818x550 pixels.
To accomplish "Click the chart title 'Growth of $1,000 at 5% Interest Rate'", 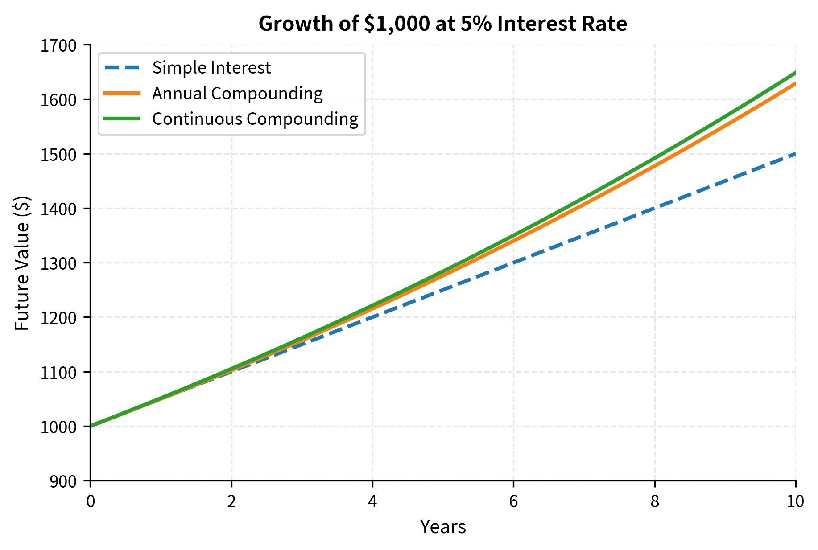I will click(x=442, y=24).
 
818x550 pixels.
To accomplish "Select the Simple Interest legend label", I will click(x=211, y=68).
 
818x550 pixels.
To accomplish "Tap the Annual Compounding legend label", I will click(x=237, y=94).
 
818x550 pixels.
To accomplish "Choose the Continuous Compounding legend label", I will click(x=255, y=119).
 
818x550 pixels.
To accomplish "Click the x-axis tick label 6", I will click(x=513, y=502).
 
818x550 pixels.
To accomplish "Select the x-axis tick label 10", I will click(x=795, y=502).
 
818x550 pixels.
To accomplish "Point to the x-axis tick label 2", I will click(x=231, y=502).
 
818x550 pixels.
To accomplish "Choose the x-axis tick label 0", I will click(x=91, y=502).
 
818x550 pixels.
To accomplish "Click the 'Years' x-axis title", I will click(x=443, y=527).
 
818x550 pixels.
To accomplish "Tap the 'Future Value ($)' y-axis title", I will click(x=22, y=263).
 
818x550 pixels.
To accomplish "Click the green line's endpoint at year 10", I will click(x=795, y=73).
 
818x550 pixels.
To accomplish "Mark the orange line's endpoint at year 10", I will click(x=795, y=83).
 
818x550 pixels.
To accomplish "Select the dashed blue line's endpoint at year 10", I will click(x=795, y=154).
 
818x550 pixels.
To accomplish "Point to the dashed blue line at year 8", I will click(x=654, y=209).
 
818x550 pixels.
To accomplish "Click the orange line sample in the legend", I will click(x=122, y=93).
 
